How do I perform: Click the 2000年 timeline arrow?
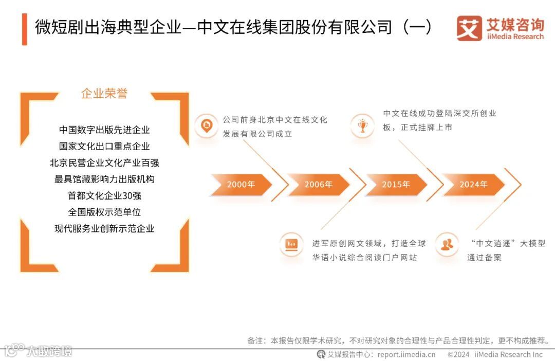240,184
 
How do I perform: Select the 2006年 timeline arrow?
318,184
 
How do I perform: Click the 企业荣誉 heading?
104,94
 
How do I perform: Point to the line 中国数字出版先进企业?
104,130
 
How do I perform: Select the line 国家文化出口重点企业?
104,147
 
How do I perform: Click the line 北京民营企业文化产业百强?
104,163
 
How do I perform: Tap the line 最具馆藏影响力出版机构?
104,179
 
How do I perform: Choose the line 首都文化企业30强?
104,196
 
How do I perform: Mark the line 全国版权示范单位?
104,212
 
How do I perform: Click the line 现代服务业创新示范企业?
104,229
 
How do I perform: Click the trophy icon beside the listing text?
363,125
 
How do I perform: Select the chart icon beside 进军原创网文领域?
292,243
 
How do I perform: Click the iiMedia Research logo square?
469,28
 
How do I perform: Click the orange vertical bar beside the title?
24,29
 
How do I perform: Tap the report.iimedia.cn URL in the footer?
406,354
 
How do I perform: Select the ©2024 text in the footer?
458,354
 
